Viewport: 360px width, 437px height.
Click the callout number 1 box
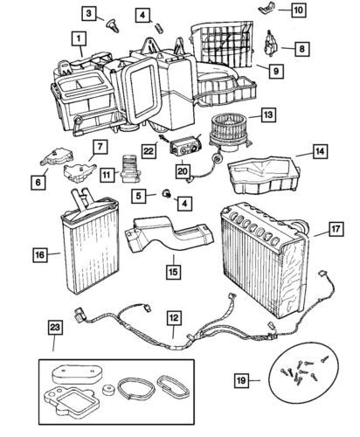tap(80, 39)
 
